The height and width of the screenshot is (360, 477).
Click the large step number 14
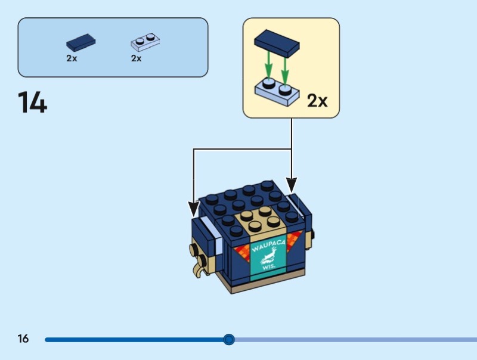(32, 102)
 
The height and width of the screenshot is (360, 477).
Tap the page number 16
(23, 339)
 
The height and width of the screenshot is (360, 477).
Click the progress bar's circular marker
(228, 340)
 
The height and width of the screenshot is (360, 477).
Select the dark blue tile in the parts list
(81, 43)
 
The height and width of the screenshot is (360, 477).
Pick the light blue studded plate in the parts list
(145, 43)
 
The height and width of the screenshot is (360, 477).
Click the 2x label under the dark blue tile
(72, 58)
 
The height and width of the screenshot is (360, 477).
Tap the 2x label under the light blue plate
(137, 58)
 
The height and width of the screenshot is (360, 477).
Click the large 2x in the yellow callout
(317, 101)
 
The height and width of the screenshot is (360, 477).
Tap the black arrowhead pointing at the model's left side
(193, 208)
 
